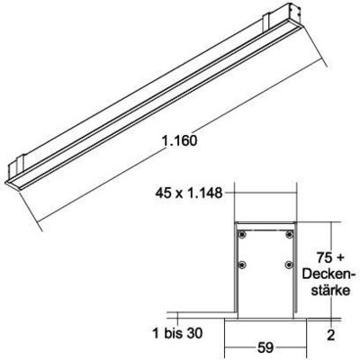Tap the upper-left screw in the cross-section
coord(242,235)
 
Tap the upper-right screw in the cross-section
coord(287,235)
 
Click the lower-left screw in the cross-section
coord(242,265)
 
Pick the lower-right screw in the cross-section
coord(287,265)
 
